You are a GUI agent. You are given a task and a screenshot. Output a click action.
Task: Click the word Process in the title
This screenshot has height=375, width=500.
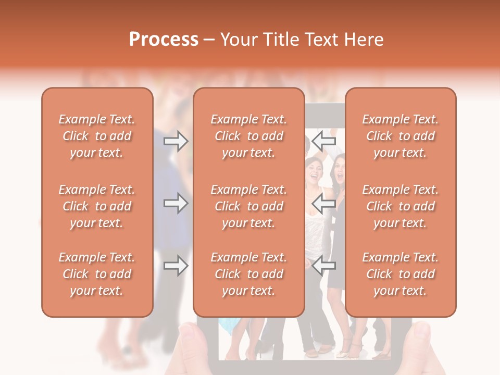click(x=164, y=40)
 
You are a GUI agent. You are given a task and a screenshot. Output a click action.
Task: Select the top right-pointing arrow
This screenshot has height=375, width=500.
click(x=176, y=141)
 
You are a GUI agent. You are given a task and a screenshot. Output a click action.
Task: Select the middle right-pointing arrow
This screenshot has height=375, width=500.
click(x=176, y=203)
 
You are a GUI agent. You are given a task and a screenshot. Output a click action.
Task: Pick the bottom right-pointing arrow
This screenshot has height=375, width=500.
click(x=176, y=266)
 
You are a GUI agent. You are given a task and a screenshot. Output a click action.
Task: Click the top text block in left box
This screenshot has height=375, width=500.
click(x=97, y=136)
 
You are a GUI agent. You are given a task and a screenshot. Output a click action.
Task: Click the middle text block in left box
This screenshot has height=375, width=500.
click(x=97, y=206)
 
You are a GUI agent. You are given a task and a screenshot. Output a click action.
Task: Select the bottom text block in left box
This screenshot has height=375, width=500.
click(x=97, y=274)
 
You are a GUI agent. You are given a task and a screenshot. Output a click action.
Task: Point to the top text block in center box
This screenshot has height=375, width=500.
click(x=249, y=136)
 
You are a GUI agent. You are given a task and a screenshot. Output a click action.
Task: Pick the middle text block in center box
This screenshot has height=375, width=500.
click(x=249, y=206)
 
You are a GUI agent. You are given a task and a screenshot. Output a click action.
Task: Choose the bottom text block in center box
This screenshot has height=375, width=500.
click(x=249, y=274)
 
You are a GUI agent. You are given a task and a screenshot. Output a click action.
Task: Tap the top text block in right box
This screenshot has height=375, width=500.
click(x=401, y=136)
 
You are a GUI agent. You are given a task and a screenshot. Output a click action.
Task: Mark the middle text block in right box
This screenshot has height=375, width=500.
click(x=401, y=206)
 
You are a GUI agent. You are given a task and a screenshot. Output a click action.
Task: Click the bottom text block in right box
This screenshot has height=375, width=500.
click(x=401, y=274)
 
